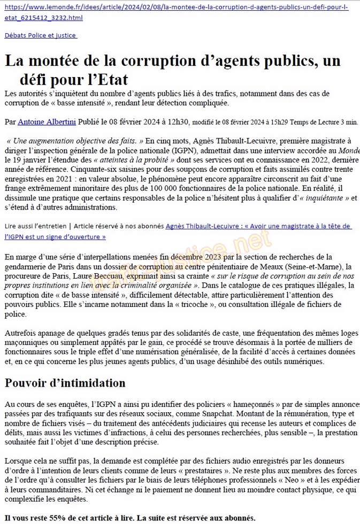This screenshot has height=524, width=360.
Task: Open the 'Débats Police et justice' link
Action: point(41,35)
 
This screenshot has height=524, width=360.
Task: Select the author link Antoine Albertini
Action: point(47,122)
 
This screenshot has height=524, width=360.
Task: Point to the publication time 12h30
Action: point(178,122)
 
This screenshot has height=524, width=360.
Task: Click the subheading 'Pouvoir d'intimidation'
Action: point(65,383)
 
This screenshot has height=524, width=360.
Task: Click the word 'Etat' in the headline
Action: point(109,80)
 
